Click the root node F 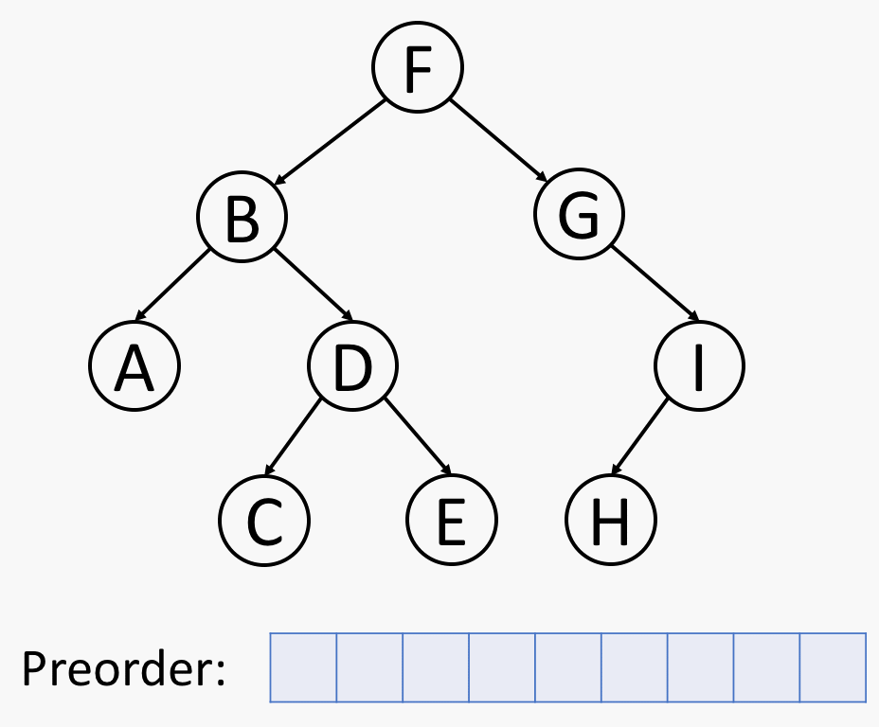(418, 67)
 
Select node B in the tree (242, 216)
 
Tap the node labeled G (579, 213)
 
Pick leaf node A (135, 365)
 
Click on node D (352, 365)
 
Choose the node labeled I (699, 365)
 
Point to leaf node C (264, 521)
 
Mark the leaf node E (451, 519)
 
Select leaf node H (611, 519)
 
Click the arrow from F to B (329, 142)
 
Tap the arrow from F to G (498, 141)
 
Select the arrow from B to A (172, 285)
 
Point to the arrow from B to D (314, 285)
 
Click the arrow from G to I (655, 283)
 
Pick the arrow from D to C (293, 437)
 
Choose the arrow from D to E (418, 436)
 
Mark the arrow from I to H (639, 436)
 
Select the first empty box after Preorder (303, 667)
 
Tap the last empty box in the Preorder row (833, 667)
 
